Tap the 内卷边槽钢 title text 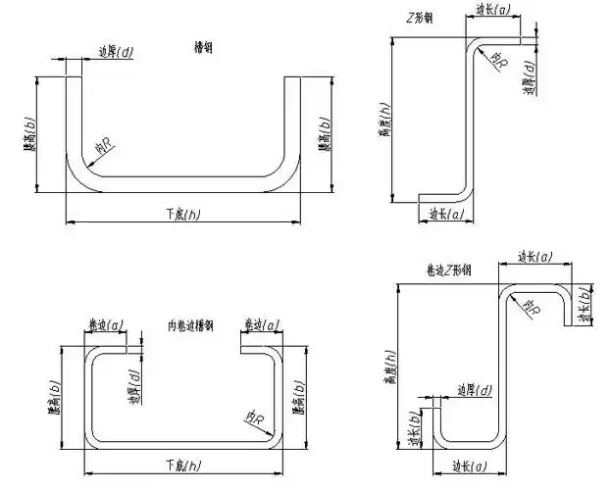191,324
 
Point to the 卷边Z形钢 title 447,269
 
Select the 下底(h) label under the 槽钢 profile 182,213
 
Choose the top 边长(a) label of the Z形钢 491,11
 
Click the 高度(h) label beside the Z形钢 383,123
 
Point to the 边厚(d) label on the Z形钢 529,77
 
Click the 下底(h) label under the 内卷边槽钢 182,463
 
